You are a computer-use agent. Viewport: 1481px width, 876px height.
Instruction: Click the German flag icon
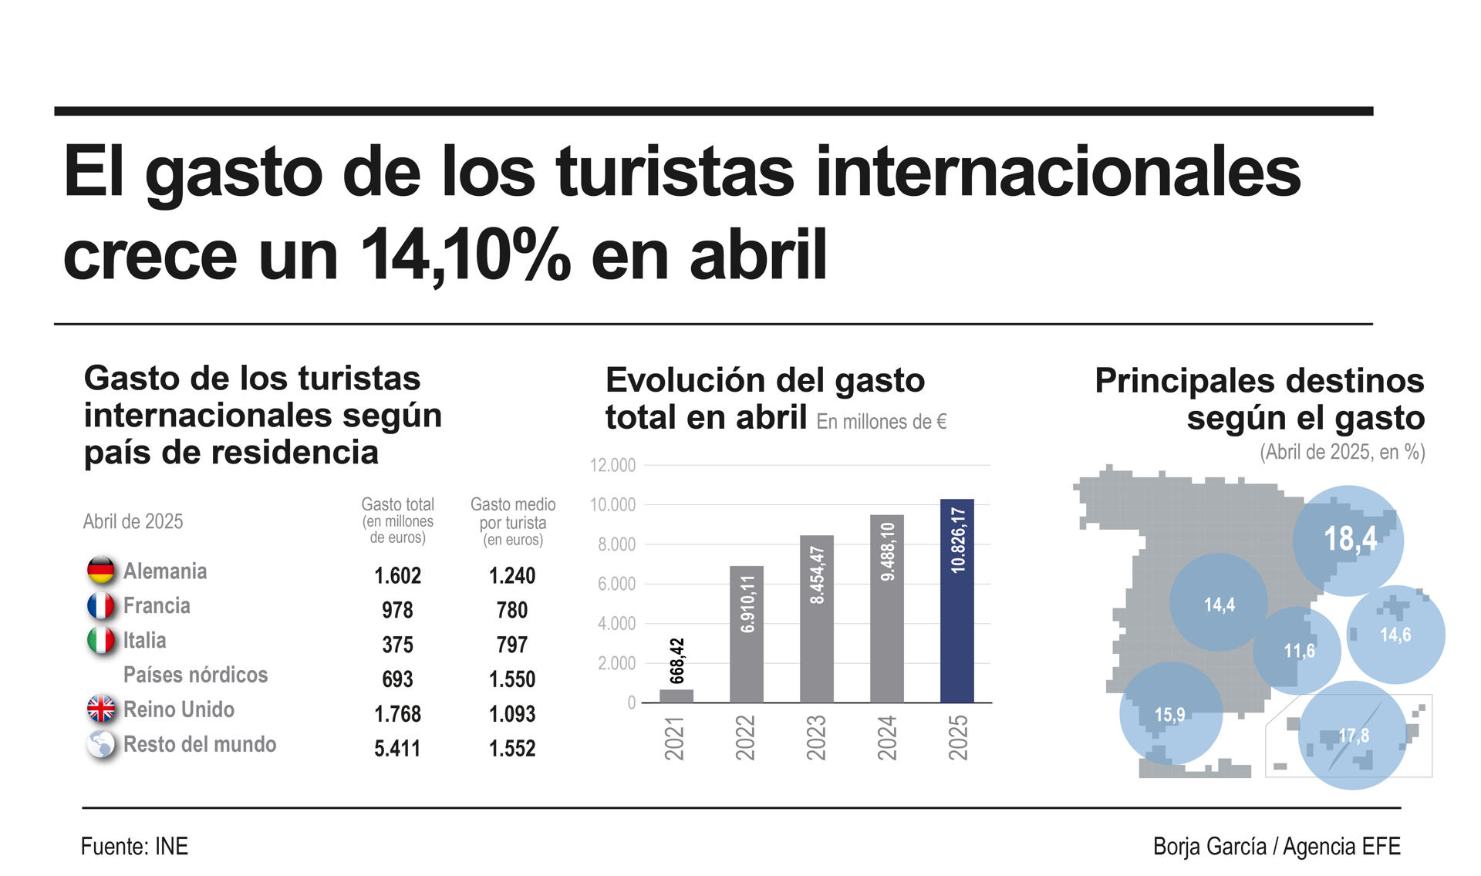click(101, 571)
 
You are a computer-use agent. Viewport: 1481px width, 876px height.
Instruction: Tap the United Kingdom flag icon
click(101, 709)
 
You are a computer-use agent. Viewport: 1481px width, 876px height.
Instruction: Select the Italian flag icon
click(101, 640)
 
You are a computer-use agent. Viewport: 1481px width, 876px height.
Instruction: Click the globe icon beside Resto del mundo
click(101, 744)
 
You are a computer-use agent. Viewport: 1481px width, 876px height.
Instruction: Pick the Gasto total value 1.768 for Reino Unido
click(397, 714)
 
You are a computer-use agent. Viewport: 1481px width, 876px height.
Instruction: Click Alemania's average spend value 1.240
click(512, 575)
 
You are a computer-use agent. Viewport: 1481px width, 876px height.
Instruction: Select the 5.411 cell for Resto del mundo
click(397, 748)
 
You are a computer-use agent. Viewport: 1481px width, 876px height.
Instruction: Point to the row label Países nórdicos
click(195, 675)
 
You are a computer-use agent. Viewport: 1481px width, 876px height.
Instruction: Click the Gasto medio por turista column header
click(513, 521)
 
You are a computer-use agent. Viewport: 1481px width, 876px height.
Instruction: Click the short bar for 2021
click(676, 696)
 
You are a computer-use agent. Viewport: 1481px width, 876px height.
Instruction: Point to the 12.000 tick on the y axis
click(612, 465)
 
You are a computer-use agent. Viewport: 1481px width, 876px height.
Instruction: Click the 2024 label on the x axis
click(887, 737)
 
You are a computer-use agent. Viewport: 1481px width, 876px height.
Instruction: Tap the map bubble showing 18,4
click(1348, 540)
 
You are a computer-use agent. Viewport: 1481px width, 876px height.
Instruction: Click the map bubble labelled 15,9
click(1170, 714)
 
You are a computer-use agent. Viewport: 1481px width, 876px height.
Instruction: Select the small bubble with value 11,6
click(1298, 651)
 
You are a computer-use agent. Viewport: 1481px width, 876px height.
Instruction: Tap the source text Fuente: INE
click(134, 847)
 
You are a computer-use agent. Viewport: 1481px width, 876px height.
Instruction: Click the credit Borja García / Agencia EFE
click(1277, 847)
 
